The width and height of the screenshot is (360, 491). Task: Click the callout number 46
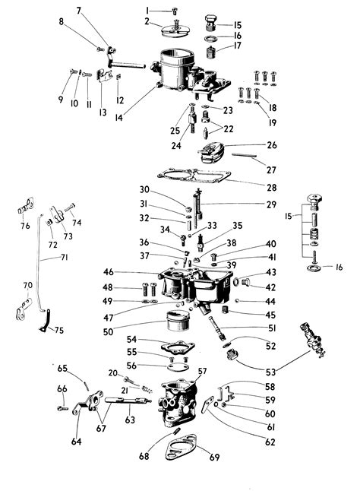[x=109, y=272]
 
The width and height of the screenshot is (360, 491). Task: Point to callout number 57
[x=202, y=371]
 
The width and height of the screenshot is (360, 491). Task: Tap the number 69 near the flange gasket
[x=214, y=457]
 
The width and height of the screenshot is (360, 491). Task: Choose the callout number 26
[x=272, y=144]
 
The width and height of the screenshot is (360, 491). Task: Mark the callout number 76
[x=25, y=225]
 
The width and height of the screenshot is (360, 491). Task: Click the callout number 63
[x=130, y=418]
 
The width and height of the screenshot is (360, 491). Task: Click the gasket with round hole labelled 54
[x=176, y=347]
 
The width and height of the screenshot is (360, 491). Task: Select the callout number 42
[x=270, y=287]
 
